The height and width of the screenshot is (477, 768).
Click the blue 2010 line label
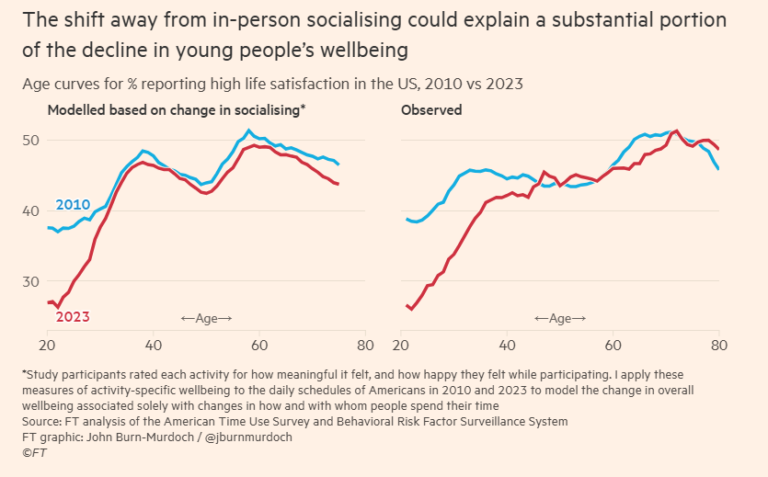coord(74,204)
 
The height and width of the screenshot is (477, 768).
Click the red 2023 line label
coord(73,317)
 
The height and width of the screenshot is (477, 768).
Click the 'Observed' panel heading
coord(431,109)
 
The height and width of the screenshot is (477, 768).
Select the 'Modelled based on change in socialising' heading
coord(176,109)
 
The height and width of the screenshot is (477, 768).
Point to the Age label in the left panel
coord(206,318)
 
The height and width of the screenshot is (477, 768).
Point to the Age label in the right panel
coord(560,318)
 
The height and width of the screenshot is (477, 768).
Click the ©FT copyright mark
coord(34,452)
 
